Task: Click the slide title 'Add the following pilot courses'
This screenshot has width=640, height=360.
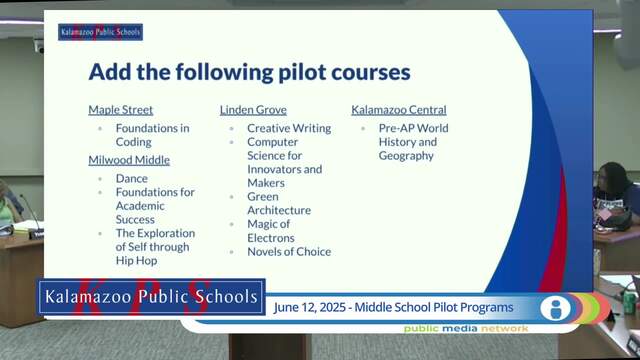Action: [249, 72]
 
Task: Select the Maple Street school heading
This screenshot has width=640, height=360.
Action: [120, 110]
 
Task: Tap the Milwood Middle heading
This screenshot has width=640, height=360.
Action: [129, 160]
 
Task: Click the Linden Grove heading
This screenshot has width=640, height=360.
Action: [253, 110]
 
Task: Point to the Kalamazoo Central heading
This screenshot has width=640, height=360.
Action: [399, 110]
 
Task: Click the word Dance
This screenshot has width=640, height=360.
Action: [131, 178]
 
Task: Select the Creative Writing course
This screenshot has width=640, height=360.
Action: [289, 128]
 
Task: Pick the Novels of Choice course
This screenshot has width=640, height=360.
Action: [289, 251]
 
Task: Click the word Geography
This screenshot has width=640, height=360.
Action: [406, 156]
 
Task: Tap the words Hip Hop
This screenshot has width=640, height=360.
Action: [136, 260]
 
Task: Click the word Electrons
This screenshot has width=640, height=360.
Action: [271, 238]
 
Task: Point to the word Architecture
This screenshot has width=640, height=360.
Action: [279, 210]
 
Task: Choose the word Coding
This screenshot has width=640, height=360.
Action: [133, 142]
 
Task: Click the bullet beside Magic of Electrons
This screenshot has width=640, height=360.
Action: [231, 224]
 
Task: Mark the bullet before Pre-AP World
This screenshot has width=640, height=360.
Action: [363, 129]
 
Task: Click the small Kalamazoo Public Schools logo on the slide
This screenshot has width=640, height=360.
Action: [100, 32]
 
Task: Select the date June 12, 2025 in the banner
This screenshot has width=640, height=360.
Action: [309, 307]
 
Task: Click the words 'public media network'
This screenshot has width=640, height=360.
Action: [466, 329]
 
